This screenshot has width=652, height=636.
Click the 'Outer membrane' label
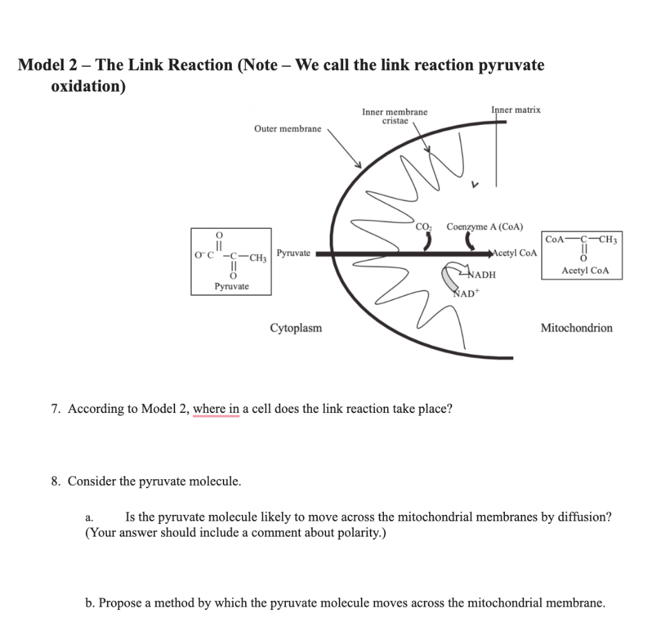pos(288,129)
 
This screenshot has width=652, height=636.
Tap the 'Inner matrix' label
pos(516,110)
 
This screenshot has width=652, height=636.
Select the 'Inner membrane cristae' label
pos(395,116)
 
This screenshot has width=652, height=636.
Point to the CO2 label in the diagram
pos(423,226)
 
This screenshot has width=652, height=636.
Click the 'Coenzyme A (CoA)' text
pos(485,226)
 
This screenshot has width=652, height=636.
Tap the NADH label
pos(481,275)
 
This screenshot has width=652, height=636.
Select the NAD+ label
pos(466,294)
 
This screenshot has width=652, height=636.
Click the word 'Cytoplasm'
pos(296,328)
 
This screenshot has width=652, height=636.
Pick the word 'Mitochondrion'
pos(576,328)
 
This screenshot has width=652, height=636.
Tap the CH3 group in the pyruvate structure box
pos(258,257)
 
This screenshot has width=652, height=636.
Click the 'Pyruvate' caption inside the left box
pos(231,286)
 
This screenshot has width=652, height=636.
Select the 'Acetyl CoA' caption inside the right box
pos(585,270)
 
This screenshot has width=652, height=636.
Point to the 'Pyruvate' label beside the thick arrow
pos(294,253)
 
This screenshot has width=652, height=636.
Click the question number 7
pos(55,408)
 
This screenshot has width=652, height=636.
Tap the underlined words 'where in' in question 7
pos(216,408)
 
